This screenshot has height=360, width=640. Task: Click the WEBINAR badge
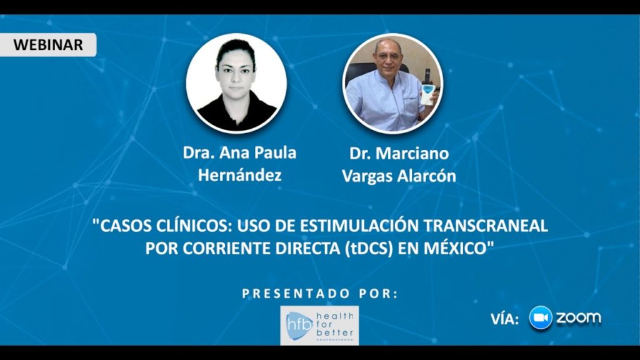coord(47,44)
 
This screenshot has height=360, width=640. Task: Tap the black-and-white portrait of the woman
coord(236,83)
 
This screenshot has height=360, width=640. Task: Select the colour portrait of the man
coord(392,84)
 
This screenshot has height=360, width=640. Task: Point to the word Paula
coord(276,153)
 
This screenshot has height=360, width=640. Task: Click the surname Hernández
coord(239,175)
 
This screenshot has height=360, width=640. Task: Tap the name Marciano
coord(412,154)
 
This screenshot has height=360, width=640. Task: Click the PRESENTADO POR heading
coord(320,294)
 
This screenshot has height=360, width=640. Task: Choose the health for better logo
coord(319,325)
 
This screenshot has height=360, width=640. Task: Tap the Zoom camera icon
coord(541,317)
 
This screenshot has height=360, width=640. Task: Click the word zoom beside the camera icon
coord(578,317)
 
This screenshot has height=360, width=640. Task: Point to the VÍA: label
coord(504,319)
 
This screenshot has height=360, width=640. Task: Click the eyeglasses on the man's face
coord(387,57)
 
